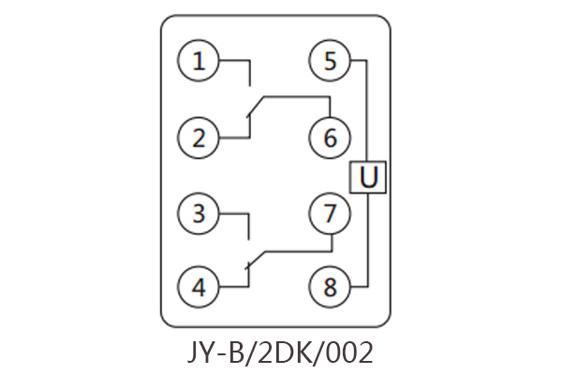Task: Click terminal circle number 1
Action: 199,63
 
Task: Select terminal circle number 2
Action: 199,138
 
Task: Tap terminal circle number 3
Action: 199,213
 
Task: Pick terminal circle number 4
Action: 199,287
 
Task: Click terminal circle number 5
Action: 330,63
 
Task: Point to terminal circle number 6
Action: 330,138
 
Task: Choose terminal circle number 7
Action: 330,213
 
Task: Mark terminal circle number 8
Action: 330,287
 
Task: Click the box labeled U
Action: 368,176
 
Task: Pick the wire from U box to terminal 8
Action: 367,243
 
